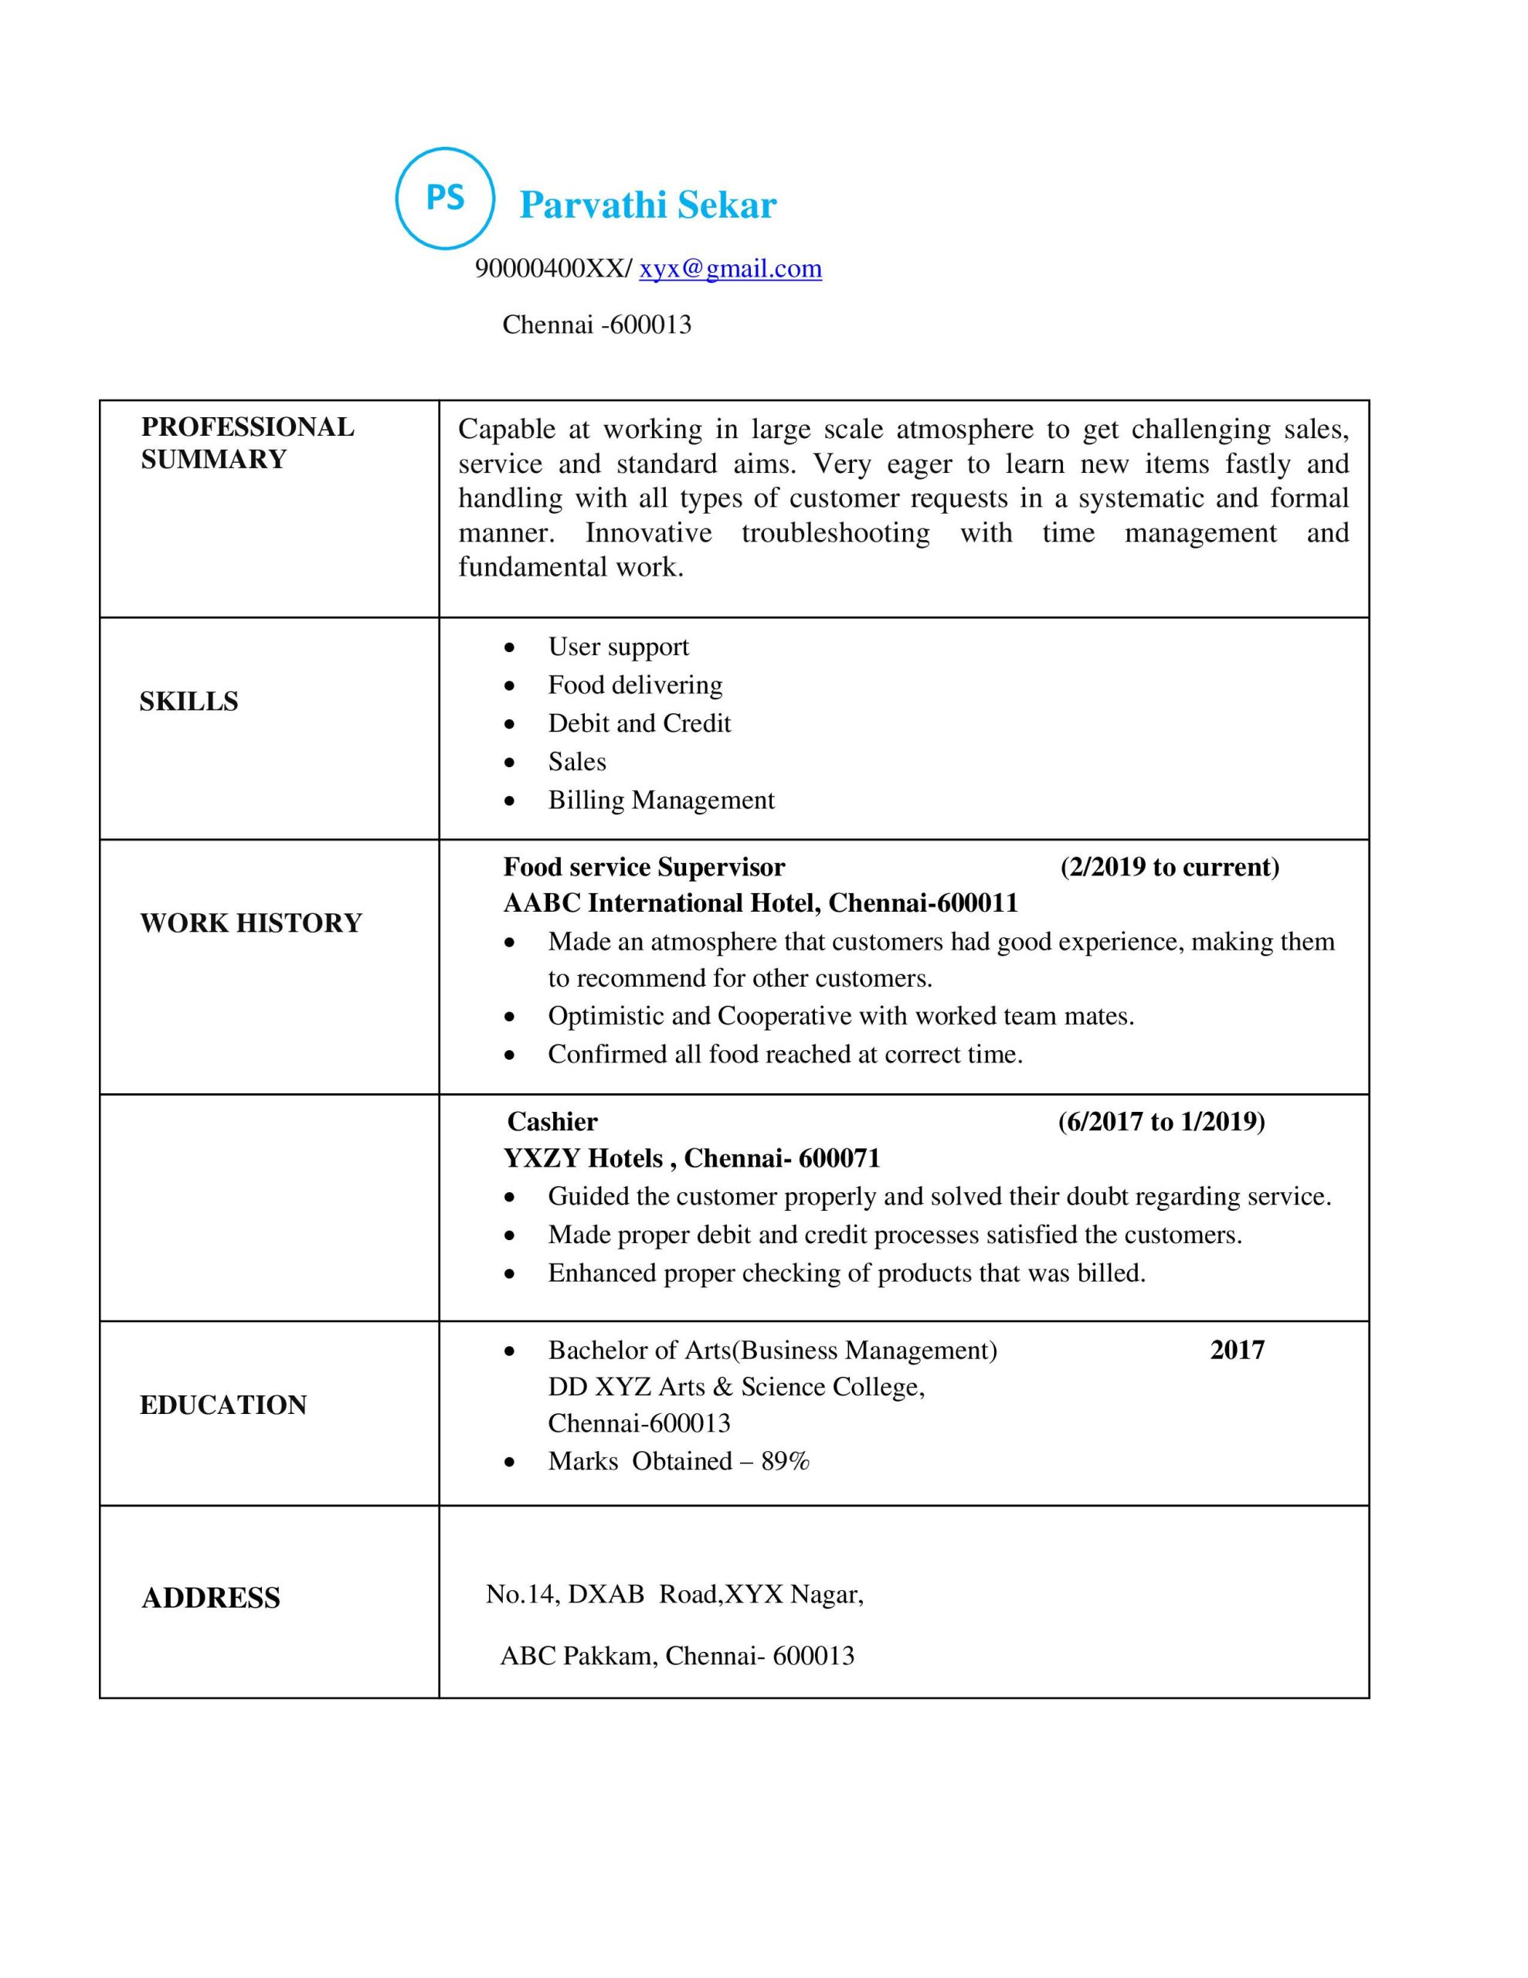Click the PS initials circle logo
coord(445,198)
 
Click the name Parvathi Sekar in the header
coord(647,205)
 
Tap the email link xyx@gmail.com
coord(730,268)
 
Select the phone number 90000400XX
coord(550,268)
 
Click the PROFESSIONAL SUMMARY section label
coord(246,443)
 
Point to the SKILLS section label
coord(188,701)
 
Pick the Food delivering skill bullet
coord(635,685)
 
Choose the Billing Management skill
coord(661,800)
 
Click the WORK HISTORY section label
coord(251,923)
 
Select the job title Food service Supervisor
coord(644,867)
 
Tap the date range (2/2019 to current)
coord(1170,867)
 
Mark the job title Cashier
coord(552,1121)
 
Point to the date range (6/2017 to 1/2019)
coord(1161,1121)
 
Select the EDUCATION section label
coord(222,1405)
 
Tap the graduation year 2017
coord(1236,1350)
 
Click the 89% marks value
coord(784,1461)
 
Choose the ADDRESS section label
coord(211,1598)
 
